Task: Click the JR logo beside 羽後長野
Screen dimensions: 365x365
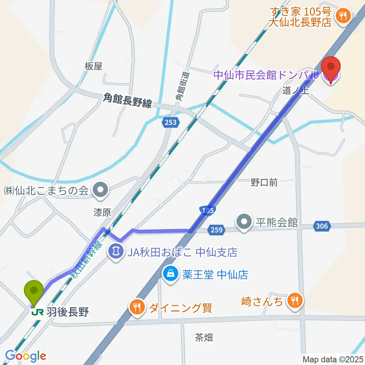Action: coord(38,312)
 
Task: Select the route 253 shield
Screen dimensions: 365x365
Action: coord(171,122)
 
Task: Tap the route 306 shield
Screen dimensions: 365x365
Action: coord(321,226)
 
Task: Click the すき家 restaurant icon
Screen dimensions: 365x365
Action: coord(343,16)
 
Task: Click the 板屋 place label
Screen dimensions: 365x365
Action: coord(94,66)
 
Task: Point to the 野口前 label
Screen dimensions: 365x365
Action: coord(264,182)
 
